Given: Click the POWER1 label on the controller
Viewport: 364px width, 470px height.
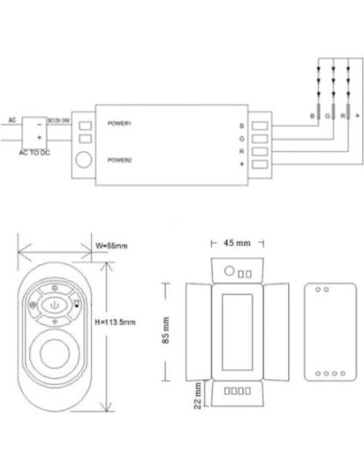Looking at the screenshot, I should [x=118, y=124].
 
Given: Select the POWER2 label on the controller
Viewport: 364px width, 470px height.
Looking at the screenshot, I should [x=118, y=159].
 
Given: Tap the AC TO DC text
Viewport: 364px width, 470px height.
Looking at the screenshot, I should [x=34, y=153].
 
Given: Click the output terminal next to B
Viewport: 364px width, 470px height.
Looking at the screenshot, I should [x=261, y=126].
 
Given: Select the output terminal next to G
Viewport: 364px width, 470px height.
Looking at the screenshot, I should [x=261, y=138].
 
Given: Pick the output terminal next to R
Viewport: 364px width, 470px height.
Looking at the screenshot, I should [x=261, y=151].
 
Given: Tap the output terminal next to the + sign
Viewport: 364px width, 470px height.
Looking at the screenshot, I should [x=261, y=164].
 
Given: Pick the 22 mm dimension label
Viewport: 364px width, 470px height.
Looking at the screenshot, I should [x=197, y=400].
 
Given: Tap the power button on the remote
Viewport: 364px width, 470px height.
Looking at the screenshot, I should [x=54, y=306].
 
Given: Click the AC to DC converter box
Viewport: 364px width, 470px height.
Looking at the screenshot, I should [x=34, y=131].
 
